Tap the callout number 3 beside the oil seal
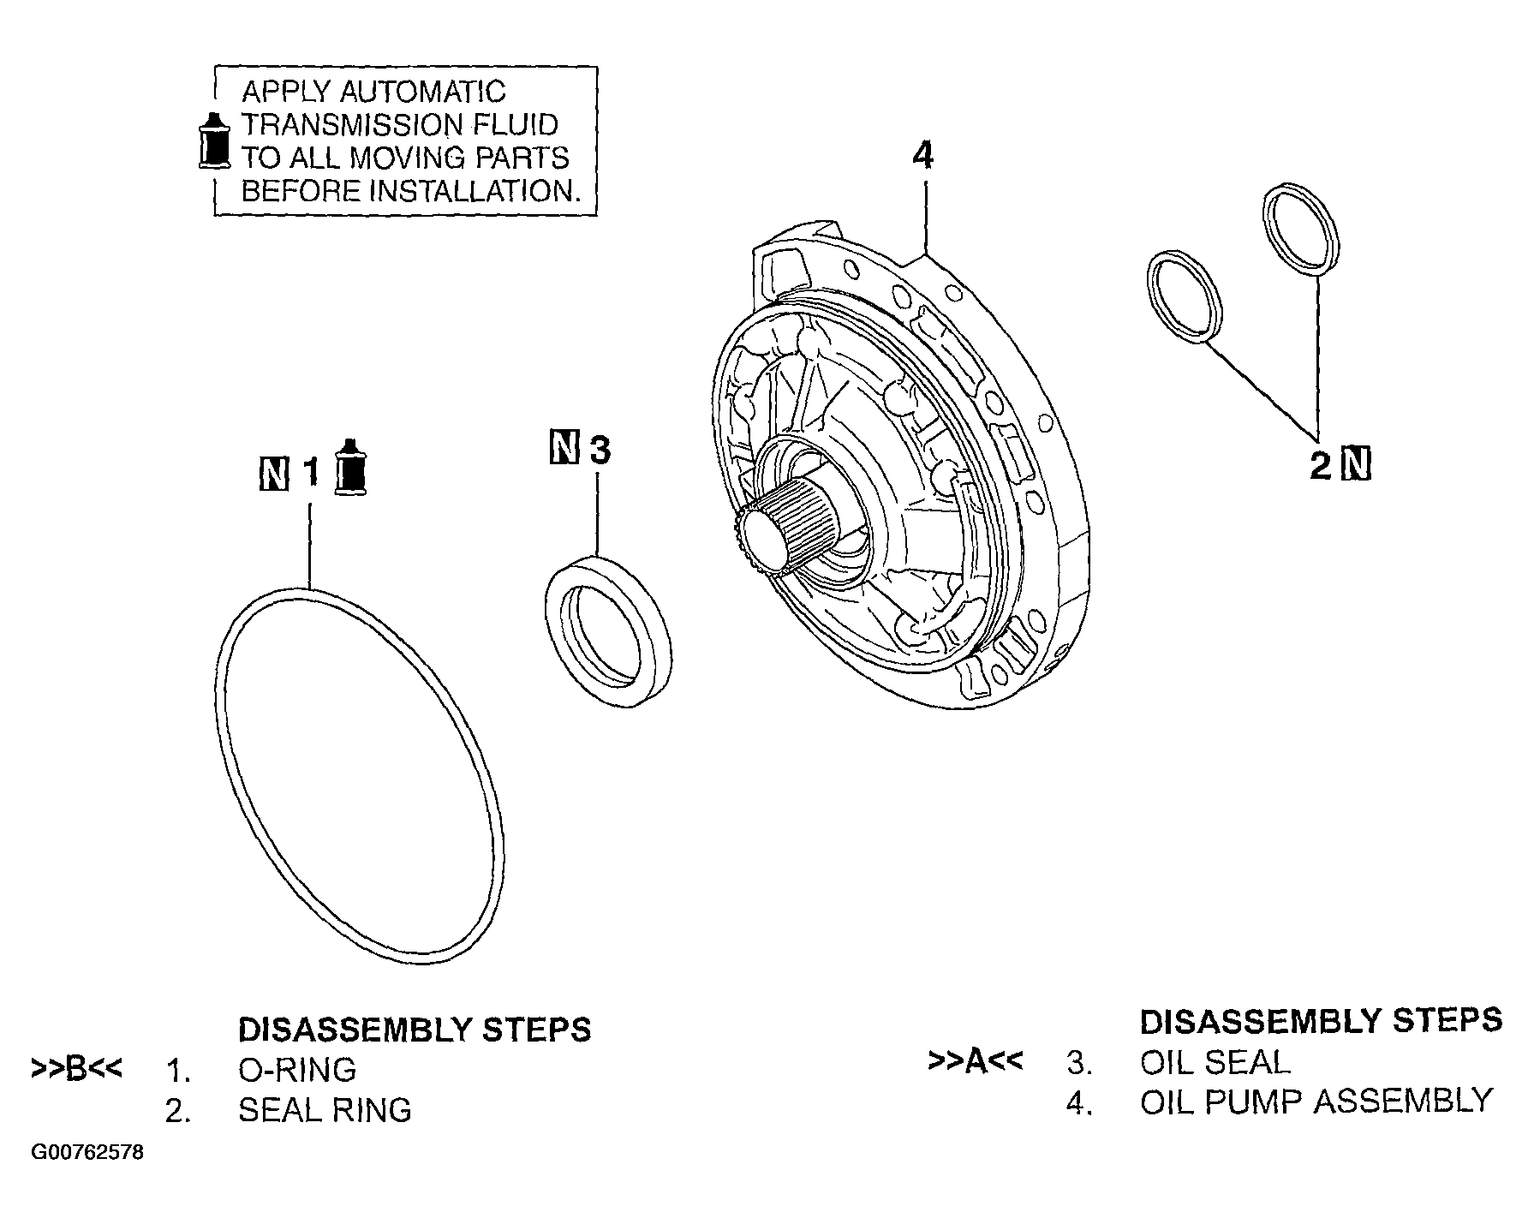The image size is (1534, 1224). pyautogui.click(x=600, y=450)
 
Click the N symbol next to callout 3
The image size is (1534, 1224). pyautogui.click(x=563, y=448)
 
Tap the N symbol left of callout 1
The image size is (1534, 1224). pyautogui.click(x=273, y=473)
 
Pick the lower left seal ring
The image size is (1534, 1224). pyautogui.click(x=1184, y=297)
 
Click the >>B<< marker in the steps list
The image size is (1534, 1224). pyautogui.click(x=76, y=1069)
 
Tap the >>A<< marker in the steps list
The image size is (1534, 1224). pyautogui.click(x=975, y=1061)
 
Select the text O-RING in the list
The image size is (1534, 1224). pyautogui.click(x=296, y=1069)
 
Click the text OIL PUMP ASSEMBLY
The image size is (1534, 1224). pyautogui.click(x=1316, y=1102)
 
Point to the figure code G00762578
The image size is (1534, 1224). pyautogui.click(x=87, y=1153)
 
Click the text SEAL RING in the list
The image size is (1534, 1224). pyautogui.click(x=325, y=1110)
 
